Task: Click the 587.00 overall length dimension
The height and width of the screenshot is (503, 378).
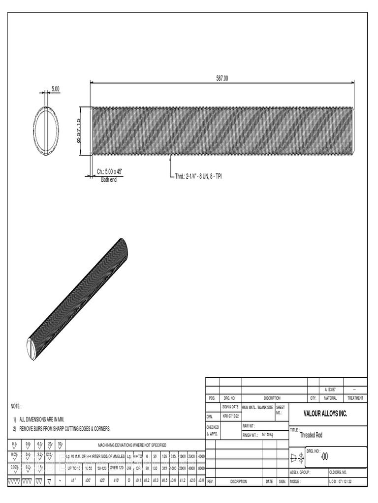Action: tap(222, 78)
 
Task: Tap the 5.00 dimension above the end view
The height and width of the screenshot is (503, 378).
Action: tap(55, 89)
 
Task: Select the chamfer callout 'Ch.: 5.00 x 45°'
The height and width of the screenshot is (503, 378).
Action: tap(109, 171)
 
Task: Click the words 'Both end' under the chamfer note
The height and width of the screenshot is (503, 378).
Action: tap(109, 179)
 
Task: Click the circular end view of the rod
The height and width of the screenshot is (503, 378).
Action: tap(46, 131)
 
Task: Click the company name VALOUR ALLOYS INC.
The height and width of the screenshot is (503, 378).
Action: tap(325, 414)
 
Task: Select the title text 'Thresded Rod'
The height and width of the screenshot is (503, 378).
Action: tap(313, 435)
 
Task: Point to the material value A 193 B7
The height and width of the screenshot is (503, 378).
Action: tap(330, 390)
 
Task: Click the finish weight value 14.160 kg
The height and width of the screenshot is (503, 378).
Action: tap(267, 435)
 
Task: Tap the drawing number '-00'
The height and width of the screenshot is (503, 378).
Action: tap(324, 457)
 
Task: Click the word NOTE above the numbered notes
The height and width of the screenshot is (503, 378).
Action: tap(16, 406)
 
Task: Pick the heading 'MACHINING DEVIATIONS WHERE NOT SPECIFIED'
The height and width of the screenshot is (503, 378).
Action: tap(132, 445)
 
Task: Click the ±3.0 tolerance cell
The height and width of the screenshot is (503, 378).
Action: tap(201, 481)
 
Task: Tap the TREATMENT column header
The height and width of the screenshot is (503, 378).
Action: tap(354, 398)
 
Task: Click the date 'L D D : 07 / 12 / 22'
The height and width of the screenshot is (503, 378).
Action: tap(347, 481)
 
